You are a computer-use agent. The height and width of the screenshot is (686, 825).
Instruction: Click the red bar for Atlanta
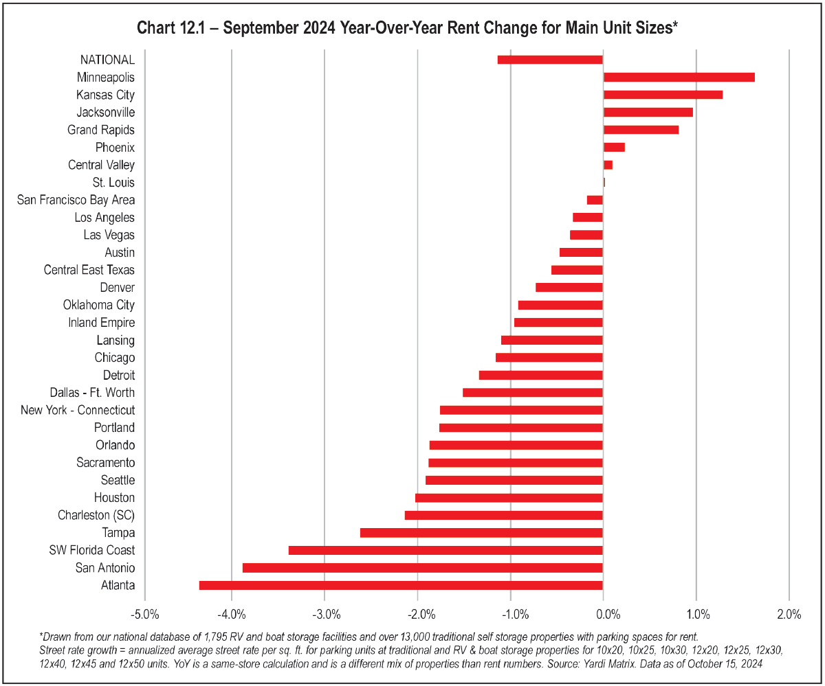coord(401,585)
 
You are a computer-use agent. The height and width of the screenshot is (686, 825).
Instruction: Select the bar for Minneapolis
coord(679,77)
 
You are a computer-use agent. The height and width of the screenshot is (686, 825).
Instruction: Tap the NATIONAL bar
coord(550,60)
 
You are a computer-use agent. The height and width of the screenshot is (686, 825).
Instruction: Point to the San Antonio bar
coord(423,568)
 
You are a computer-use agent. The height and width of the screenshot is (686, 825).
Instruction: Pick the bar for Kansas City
coord(663,95)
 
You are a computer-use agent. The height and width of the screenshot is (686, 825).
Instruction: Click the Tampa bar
coord(481,533)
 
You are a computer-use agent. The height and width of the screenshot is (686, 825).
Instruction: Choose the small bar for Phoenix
coord(614,147)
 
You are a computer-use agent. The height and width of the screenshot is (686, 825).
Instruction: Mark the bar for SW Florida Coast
coord(445,550)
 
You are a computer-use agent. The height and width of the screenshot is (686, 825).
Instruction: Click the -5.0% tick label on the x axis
coord(144,613)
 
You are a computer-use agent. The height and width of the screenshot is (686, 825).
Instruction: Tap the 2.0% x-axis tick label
coord(789,613)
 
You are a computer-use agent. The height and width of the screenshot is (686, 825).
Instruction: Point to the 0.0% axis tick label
coord(604,613)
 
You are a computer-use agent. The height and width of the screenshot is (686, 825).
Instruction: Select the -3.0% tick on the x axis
coord(324,613)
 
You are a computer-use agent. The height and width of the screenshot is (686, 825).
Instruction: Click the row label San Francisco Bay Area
coord(76,200)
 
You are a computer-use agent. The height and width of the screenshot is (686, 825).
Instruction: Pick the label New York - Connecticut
coord(78,410)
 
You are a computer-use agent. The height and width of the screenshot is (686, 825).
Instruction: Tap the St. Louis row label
coord(113,183)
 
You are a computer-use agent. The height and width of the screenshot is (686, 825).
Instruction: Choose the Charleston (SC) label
coord(96,515)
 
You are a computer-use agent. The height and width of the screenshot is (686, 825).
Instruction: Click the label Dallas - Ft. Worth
coord(92,393)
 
